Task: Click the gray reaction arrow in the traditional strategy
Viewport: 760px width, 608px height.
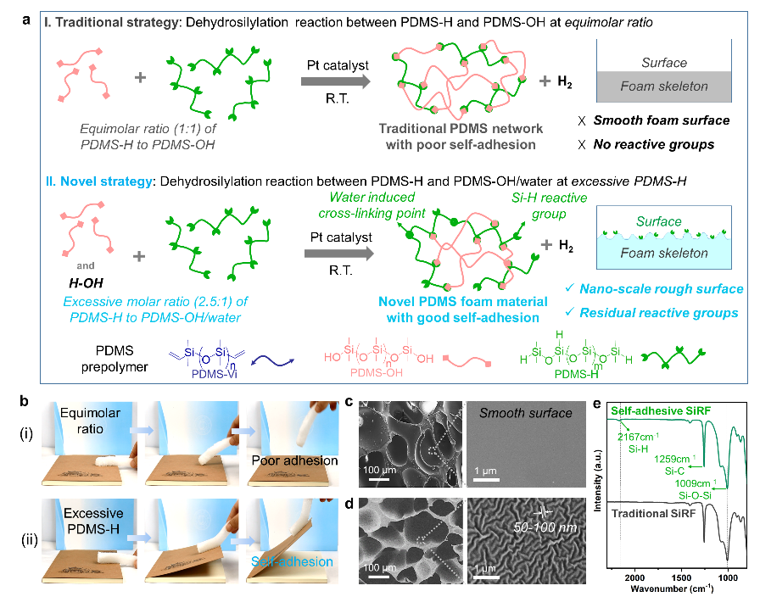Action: pyautogui.click(x=337, y=82)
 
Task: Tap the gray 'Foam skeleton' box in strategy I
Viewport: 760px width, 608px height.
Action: pyautogui.click(x=664, y=86)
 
